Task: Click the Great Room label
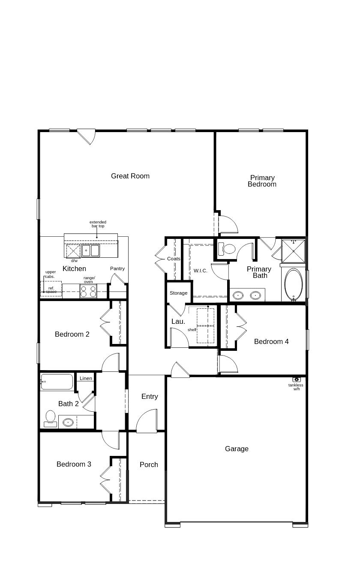[130, 176]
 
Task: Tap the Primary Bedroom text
[262, 181]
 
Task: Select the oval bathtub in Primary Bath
[294, 284]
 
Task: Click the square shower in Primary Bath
[294, 251]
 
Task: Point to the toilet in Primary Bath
[227, 249]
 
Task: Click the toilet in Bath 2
[50, 418]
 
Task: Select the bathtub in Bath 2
[57, 382]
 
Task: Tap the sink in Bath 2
[68, 422]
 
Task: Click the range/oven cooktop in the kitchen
[88, 292]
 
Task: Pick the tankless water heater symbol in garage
[297, 380]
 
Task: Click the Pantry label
[117, 268]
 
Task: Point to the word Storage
[178, 293]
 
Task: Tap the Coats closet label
[174, 259]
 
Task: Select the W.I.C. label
[200, 271]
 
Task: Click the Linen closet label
[86, 378]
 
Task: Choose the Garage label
[237, 449]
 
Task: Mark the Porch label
[149, 464]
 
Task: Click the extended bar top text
[98, 224]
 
